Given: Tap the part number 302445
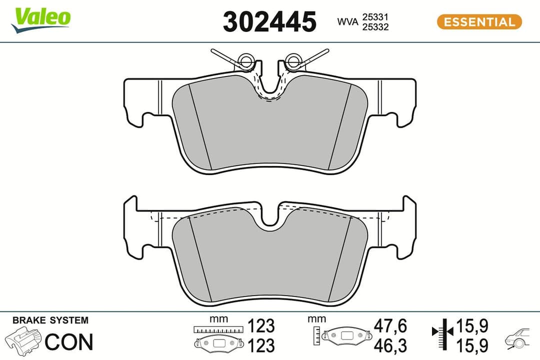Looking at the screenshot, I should tap(269, 22).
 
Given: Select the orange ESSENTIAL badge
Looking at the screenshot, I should tap(479, 22).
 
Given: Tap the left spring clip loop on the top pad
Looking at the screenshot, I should tap(245, 61).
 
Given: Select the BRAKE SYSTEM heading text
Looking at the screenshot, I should tap(50, 320).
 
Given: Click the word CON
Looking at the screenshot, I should tap(69, 342).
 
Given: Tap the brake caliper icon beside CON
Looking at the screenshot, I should tap(23, 341).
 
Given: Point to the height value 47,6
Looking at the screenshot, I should tap(390, 326).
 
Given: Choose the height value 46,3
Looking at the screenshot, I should tap(390, 345).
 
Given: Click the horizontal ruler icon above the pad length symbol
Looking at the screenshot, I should tap(219, 329).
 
